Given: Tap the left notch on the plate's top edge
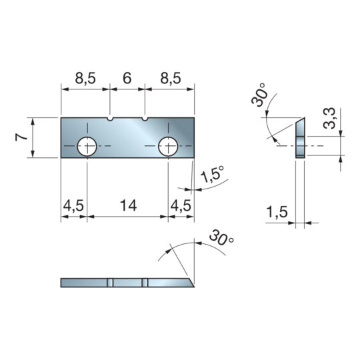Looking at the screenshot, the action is tap(110, 119).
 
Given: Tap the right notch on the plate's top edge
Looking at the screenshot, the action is tap(145, 119).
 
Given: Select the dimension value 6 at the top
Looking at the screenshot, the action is tap(127, 78).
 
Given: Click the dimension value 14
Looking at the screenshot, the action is tap(129, 205).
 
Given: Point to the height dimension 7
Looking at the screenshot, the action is tap(21, 137).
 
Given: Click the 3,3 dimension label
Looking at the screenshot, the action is tap(329, 118).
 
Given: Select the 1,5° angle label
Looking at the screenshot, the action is tap(212, 174).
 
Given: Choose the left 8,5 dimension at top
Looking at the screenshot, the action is tap(85, 78).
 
